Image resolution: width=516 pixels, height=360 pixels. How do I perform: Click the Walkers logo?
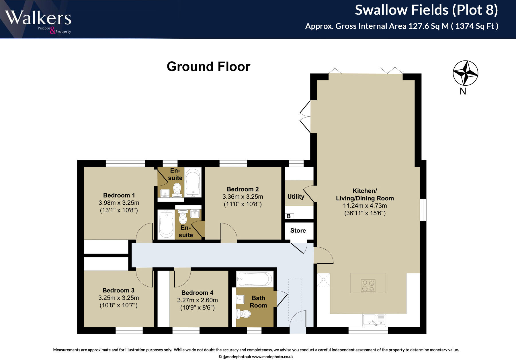pos(38,22)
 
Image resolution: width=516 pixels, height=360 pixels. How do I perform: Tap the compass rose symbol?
pos(465,73)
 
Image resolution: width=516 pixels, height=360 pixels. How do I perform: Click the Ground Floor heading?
pos(208,66)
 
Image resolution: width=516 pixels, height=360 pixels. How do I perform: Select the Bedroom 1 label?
pos(119,195)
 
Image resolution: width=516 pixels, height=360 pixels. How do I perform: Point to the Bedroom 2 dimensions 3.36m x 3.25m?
pos(243,197)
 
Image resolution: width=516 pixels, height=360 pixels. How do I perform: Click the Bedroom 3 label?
pos(118,290)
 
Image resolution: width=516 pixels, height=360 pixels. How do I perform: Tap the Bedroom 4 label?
pos(197,293)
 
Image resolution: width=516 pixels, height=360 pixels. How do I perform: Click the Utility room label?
pos(296,197)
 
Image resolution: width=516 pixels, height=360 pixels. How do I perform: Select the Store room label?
pos(298,230)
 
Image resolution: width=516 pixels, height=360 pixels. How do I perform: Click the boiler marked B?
pos(289,216)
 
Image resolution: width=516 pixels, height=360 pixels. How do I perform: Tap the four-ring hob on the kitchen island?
pos(368,285)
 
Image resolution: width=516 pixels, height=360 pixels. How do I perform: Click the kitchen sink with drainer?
pos(374,320)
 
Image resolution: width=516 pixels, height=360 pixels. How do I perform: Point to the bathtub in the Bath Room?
pos(255,279)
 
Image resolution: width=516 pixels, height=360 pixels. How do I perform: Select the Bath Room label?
pos(258,302)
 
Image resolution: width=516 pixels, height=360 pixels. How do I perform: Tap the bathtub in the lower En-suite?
pos(166,224)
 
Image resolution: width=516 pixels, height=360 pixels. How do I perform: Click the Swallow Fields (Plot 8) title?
pos(427,10)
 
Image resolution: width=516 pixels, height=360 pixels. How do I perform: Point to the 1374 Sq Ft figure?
pos(475,26)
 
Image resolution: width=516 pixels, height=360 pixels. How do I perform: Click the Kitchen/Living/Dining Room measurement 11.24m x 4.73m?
pos(365,206)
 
